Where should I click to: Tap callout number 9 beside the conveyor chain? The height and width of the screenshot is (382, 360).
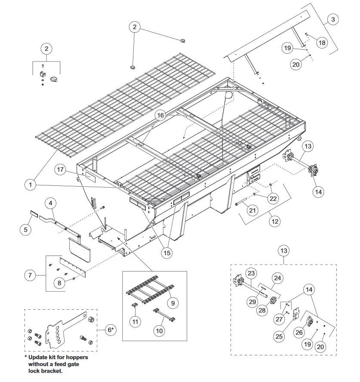[x=173, y=303]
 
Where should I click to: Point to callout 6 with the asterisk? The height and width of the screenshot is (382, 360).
[x=111, y=330]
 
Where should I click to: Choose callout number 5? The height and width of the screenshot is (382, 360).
[x=26, y=229]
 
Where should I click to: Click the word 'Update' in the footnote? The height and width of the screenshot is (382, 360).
[x=38, y=357]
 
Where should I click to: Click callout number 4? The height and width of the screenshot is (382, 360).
[x=50, y=203]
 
